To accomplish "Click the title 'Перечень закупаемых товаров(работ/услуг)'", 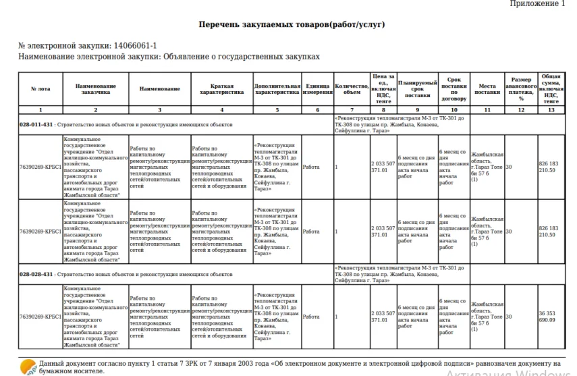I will click(x=292, y=24).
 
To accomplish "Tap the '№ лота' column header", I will click(x=40, y=89).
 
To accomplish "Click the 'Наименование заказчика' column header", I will click(x=95, y=89).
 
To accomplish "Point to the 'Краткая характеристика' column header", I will click(x=222, y=89).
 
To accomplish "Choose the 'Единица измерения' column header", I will click(x=317, y=89).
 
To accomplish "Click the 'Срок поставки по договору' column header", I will click(x=454, y=89).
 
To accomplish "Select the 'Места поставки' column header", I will click(x=487, y=89).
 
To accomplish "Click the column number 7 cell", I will click(x=352, y=109).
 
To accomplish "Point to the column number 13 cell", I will click(x=551, y=109).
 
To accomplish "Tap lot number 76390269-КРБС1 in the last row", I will click(x=40, y=317).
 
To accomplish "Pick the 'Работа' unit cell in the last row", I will click(x=311, y=317).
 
